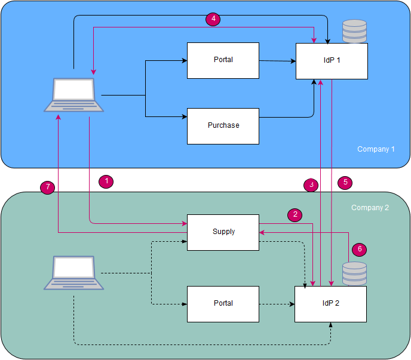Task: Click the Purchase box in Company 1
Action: [223, 126]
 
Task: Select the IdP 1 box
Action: [331, 61]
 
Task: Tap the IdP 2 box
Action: [330, 304]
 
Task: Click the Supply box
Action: [223, 232]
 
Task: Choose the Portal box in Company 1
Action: [223, 60]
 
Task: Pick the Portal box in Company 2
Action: [223, 304]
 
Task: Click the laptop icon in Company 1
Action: [74, 94]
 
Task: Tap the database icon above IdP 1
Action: [354, 31]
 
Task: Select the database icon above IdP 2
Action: [354, 273]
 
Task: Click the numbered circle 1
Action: [106, 180]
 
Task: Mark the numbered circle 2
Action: [294, 214]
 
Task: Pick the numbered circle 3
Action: [311, 185]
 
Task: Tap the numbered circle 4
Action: [213, 19]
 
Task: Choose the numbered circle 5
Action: [345, 183]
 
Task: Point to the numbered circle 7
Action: [47, 187]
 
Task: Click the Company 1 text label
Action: [376, 149]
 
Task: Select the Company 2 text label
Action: [370, 208]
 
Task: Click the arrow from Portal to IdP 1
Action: [277, 61]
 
